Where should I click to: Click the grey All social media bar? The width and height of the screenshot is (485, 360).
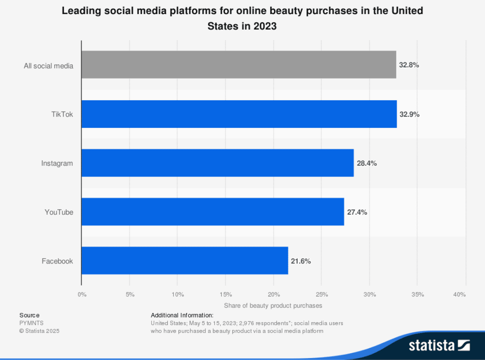(x=239, y=65)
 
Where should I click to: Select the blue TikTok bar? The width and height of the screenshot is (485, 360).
(x=239, y=114)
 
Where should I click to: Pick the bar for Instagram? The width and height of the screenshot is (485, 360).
(x=217, y=163)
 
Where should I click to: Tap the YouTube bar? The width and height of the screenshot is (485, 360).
(x=213, y=212)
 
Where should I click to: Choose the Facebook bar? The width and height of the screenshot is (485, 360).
(x=185, y=260)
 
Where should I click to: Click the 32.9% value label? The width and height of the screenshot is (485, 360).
(x=409, y=114)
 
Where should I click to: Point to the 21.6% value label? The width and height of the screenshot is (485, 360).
(x=301, y=261)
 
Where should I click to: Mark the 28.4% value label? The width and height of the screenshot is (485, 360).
(x=366, y=163)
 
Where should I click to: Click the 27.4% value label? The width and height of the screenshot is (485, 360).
(x=357, y=212)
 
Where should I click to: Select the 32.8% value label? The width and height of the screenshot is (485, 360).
(x=409, y=65)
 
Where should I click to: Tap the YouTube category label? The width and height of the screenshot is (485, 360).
(x=59, y=212)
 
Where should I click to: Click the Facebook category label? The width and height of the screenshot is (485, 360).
(x=57, y=261)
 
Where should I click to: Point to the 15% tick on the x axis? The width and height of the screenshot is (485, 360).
(x=225, y=295)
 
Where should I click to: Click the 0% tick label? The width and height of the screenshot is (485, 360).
(x=82, y=295)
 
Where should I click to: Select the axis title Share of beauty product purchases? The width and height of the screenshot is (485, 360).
(x=273, y=305)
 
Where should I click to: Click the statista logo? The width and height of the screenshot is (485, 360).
(x=439, y=345)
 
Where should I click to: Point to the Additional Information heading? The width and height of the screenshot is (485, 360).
(x=182, y=315)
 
